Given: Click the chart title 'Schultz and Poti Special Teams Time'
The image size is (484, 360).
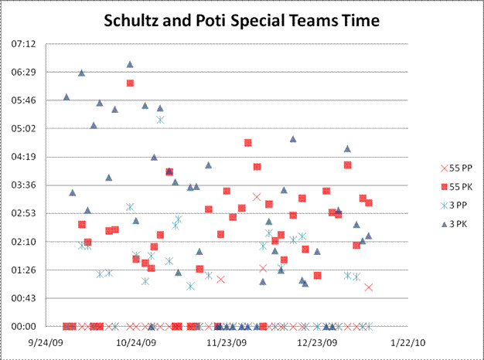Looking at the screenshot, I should pos(242,22).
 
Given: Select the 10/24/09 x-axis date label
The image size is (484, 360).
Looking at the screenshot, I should pos(137,341).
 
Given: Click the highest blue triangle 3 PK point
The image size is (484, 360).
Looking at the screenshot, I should pos(130,65).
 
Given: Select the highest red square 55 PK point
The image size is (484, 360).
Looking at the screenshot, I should pos(130,83).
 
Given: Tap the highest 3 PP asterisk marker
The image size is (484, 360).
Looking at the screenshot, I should pos(160,119).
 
